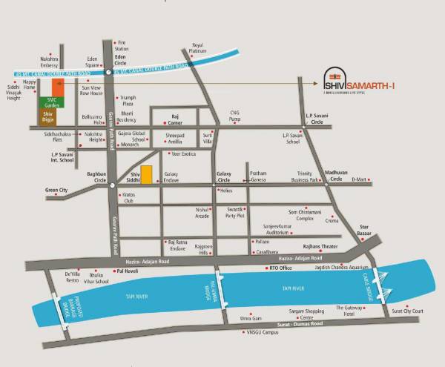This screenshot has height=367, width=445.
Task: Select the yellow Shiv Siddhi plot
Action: tap(147, 175)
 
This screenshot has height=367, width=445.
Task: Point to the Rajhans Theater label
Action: tap(320, 246)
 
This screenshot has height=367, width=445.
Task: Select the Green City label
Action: tap(56, 191)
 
